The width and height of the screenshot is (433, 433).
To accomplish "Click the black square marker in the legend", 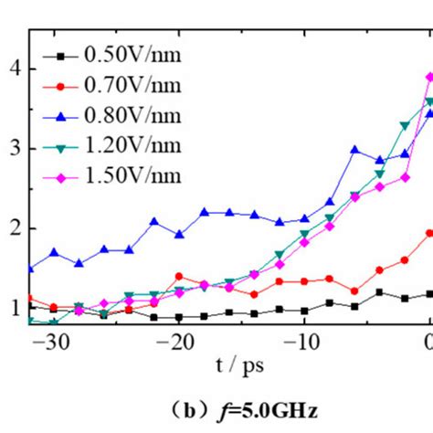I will point(61,56).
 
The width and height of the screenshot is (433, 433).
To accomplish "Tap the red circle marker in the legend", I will point(61,86).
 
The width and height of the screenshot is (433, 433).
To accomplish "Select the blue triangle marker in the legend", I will point(61,116).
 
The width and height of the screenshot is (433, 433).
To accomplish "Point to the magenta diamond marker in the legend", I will point(61,176).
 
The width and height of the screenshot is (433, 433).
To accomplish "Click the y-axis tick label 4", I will point(13,68).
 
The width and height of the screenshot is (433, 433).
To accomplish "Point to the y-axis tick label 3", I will point(13,148).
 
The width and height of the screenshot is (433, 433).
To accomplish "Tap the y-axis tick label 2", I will point(13,228).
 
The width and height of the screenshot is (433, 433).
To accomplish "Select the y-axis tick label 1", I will point(13,309).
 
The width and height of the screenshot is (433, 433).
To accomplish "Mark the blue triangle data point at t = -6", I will point(355,150).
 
